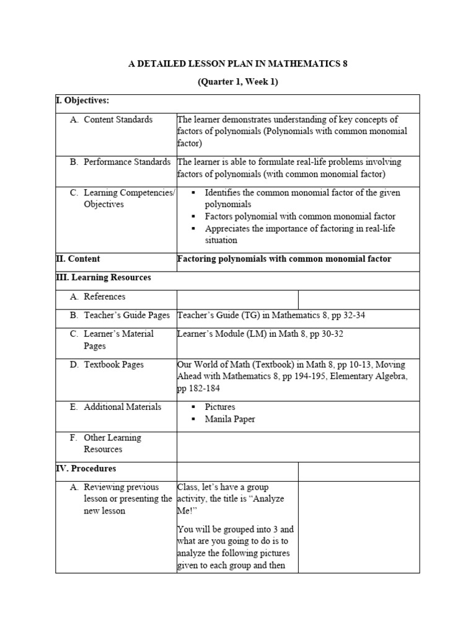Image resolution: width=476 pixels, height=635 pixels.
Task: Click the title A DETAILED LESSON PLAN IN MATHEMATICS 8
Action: pyautogui.click(x=238, y=64)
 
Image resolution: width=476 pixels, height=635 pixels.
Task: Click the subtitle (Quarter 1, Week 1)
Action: pyautogui.click(x=238, y=81)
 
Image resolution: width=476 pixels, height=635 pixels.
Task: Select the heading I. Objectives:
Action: pyautogui.click(x=82, y=100)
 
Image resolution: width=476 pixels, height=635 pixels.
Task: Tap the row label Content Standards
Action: pyautogui.click(x=118, y=120)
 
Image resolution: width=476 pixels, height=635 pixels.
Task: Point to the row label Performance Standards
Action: pyautogui.click(x=127, y=162)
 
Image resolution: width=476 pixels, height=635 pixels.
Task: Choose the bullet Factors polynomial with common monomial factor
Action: pyautogui.click(x=300, y=216)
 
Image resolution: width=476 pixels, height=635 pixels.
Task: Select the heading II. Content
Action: pyautogui.click(x=77, y=259)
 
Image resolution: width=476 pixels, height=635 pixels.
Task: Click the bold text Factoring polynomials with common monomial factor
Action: pyautogui.click(x=284, y=259)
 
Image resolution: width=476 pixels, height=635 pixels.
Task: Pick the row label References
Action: pyautogui.click(x=104, y=296)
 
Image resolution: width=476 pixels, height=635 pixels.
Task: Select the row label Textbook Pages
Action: pyautogui.click(x=113, y=365)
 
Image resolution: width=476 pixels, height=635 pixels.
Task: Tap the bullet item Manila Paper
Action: pyautogui.click(x=230, y=419)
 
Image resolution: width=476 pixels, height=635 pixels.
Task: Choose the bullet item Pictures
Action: pyautogui.click(x=220, y=407)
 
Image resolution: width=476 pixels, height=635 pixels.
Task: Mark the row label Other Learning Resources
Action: pyautogui.click(x=112, y=443)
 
